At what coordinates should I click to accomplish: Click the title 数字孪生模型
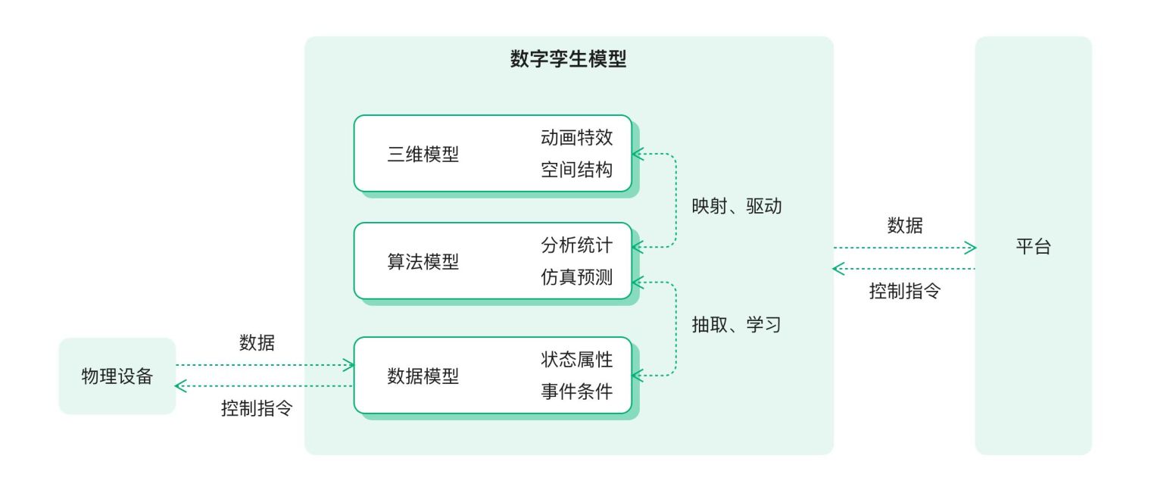pyautogui.click(x=568, y=59)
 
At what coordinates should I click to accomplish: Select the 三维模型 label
pyautogui.click(x=423, y=154)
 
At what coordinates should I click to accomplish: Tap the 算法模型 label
pyautogui.click(x=423, y=262)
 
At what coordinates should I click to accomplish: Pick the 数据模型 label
pyautogui.click(x=423, y=376)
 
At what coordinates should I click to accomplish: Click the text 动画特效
pyautogui.click(x=576, y=137)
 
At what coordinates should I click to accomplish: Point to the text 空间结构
pyautogui.click(x=576, y=170)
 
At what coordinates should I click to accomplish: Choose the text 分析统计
pyautogui.click(x=576, y=245)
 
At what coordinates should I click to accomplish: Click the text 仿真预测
pyautogui.click(x=576, y=277)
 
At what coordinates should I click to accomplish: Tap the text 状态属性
pyautogui.click(x=576, y=360)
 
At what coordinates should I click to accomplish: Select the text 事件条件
pyautogui.click(x=576, y=392)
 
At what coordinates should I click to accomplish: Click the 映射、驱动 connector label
pyautogui.click(x=736, y=206)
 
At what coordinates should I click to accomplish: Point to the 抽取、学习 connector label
pyautogui.click(x=736, y=324)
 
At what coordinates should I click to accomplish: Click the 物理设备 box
pyautogui.click(x=117, y=376)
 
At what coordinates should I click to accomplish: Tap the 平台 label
pyautogui.click(x=1034, y=246)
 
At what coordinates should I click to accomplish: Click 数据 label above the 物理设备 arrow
pyautogui.click(x=257, y=342)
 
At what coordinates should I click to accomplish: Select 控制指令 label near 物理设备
pyautogui.click(x=257, y=408)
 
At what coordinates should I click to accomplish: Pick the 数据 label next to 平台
pyautogui.click(x=905, y=225)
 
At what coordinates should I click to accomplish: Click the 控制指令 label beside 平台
pyautogui.click(x=905, y=291)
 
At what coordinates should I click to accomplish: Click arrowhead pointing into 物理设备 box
pyautogui.click(x=180, y=386)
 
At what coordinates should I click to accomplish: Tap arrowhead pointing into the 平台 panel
pyautogui.click(x=971, y=248)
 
